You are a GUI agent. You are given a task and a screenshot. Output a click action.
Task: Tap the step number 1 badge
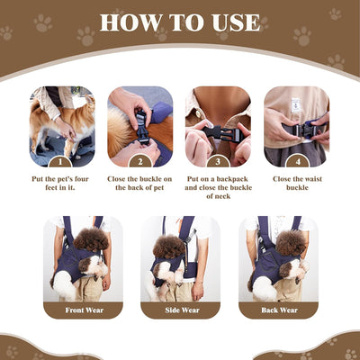pyautogui.click(x=60, y=162)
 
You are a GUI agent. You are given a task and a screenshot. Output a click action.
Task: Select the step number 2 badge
pyautogui.click(x=140, y=162)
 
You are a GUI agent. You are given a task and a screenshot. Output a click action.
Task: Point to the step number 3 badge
pyautogui.click(x=218, y=162)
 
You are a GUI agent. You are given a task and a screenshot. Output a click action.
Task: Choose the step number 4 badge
pyautogui.click(x=298, y=162)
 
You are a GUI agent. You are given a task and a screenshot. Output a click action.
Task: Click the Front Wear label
pyautogui.click(x=85, y=310)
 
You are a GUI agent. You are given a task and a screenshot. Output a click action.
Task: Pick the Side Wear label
pyautogui.click(x=182, y=310)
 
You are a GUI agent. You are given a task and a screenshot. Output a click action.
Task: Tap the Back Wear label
pyautogui.click(x=279, y=310)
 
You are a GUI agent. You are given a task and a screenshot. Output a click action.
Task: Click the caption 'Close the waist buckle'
pyautogui.click(x=297, y=184)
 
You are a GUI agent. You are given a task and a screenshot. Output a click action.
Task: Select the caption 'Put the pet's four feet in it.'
pyautogui.click(x=60, y=184)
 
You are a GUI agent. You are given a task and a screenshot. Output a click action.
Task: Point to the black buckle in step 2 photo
pyautogui.click(x=141, y=127)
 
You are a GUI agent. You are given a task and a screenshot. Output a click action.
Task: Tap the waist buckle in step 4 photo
pyautogui.click(x=303, y=130)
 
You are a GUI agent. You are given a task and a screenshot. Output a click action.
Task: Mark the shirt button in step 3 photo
pyautogui.click(x=198, y=113)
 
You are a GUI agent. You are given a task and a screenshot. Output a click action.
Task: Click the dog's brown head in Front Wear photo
pyautogui.click(x=91, y=239)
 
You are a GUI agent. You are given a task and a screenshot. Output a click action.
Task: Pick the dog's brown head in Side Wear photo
pyautogui.click(x=169, y=247)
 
